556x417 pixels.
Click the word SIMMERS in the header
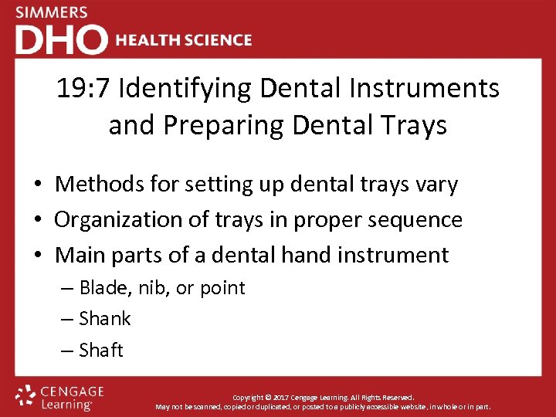point(51,12)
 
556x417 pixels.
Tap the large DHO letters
point(61,39)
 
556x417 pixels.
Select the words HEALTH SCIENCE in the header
point(184,40)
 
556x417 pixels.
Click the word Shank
point(105,319)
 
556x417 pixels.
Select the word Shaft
point(101,350)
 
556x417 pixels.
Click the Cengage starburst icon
point(25,395)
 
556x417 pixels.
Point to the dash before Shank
point(67,319)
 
